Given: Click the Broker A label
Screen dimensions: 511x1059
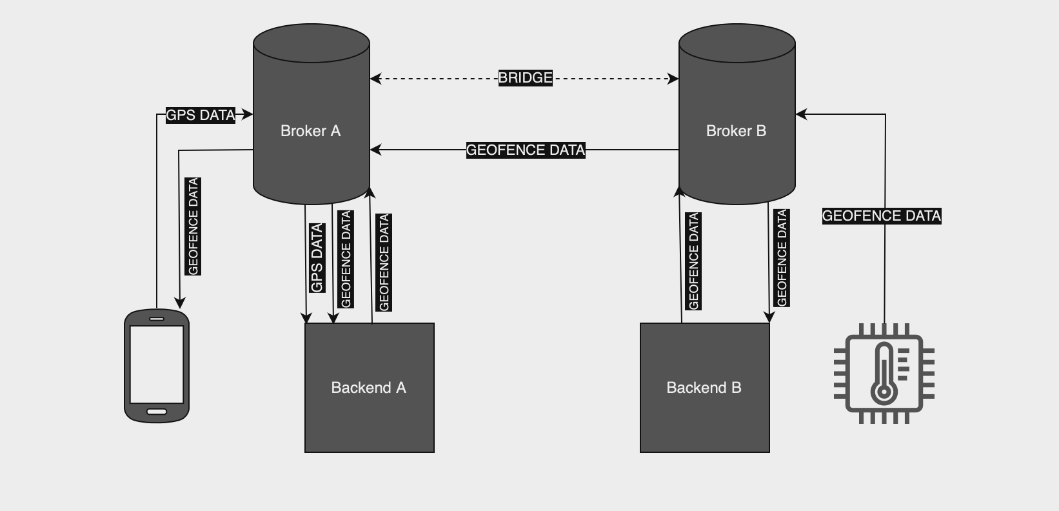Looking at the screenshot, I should point(310,131).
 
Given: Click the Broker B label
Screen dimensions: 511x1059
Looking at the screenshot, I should point(736,131).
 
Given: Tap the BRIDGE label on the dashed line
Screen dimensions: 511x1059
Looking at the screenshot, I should point(525,78).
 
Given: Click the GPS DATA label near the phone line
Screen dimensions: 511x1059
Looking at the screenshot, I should point(200,115).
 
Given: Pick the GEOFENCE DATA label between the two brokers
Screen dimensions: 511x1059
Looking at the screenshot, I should point(525,150).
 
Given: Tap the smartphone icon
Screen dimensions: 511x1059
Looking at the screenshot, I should point(157,366).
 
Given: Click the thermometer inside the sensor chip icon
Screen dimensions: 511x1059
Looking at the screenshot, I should point(883,374).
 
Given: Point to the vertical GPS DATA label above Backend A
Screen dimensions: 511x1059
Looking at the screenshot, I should point(317,258).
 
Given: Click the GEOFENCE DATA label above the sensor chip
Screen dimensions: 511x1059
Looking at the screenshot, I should point(881,216).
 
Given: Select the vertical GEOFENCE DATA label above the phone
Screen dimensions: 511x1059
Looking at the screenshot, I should point(193,226).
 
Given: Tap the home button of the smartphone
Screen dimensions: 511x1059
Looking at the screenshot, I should point(157,412).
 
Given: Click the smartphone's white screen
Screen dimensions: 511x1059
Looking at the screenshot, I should point(157,364).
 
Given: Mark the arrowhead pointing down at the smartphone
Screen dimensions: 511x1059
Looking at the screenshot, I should point(180,303).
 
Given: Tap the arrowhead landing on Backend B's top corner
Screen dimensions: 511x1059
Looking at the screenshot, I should point(769,317).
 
